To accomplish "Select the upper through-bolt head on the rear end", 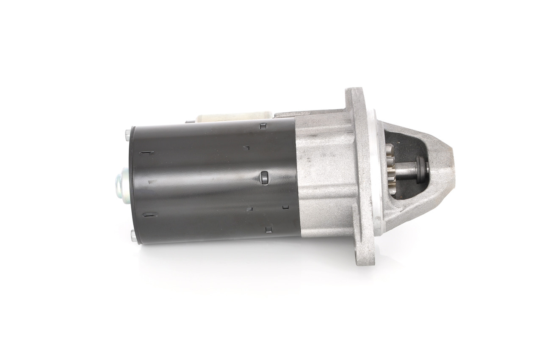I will pyautogui.click(x=128, y=136).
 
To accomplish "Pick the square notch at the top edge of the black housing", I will pyautogui.click(x=263, y=125).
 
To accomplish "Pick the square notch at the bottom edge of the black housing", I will pyautogui.click(x=268, y=230).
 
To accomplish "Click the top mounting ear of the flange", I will pyautogui.click(x=355, y=96).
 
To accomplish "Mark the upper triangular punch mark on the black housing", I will pyautogui.click(x=247, y=148).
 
